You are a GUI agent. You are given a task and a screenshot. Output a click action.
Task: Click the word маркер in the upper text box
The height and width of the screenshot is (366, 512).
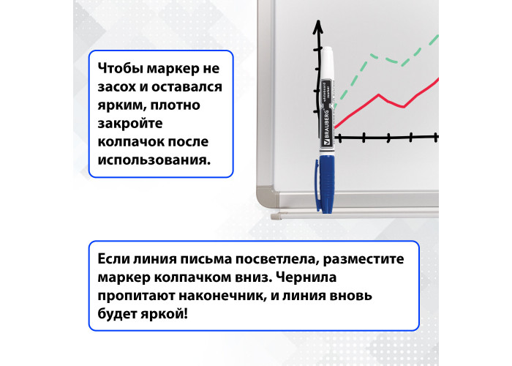pos(170,69)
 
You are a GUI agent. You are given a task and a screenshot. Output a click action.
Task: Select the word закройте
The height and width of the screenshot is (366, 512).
pos(130,124)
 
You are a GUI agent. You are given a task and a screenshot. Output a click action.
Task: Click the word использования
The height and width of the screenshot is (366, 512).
pos(154,160)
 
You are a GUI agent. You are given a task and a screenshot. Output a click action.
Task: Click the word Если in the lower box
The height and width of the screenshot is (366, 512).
pos(113,259)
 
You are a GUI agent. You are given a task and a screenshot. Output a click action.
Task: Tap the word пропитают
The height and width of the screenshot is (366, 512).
pos(136,296)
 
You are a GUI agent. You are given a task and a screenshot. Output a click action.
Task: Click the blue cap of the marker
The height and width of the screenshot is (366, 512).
pos(326,184)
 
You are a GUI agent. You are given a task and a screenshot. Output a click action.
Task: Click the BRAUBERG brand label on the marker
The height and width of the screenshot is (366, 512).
pos(326,128)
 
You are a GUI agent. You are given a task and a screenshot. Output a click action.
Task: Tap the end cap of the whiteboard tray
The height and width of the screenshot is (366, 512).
pos(275,216)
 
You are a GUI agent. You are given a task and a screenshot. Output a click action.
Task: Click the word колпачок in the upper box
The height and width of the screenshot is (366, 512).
pos(130,142)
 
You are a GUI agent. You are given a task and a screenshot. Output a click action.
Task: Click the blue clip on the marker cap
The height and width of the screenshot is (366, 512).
pos(317,184)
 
